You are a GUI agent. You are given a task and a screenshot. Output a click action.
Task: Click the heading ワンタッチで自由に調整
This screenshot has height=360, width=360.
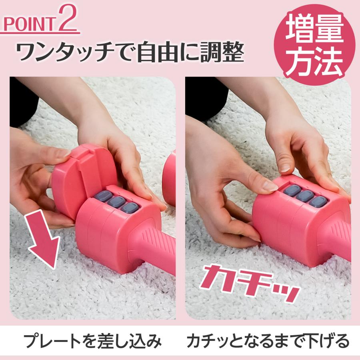tap(130, 52)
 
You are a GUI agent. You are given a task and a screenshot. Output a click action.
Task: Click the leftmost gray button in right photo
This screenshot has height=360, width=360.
tap(292, 190)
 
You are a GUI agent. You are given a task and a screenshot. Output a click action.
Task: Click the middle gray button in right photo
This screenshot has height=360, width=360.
tap(305, 196)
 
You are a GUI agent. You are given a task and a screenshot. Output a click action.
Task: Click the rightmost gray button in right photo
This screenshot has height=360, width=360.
tap(318, 201)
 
